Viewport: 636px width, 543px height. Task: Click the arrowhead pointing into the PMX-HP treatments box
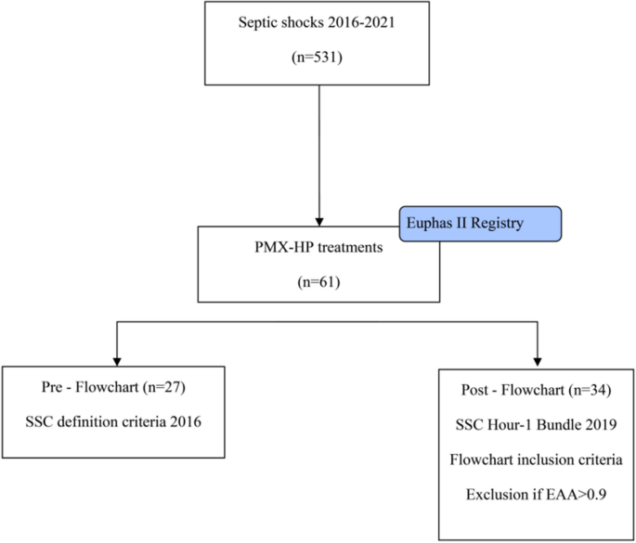[318, 216]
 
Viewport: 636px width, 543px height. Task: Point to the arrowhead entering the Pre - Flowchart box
[115, 360]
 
